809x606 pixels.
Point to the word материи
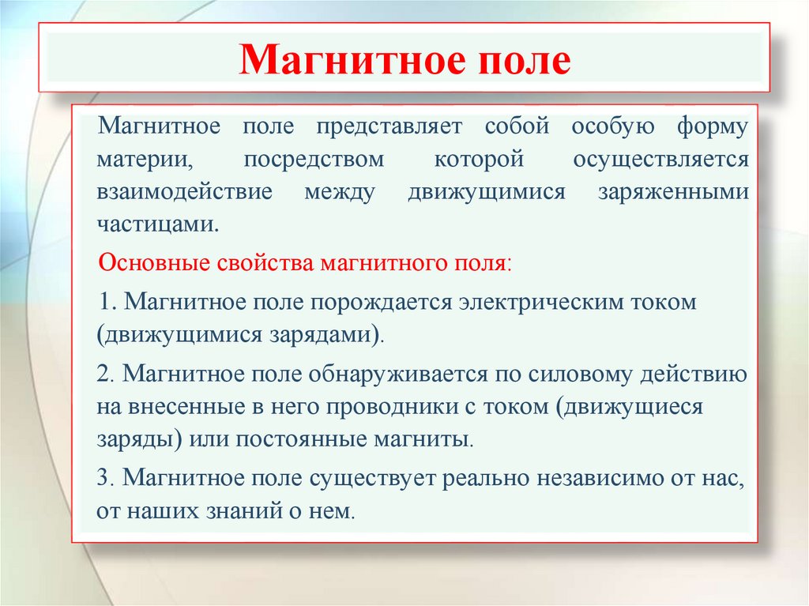point(145,160)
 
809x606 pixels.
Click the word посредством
point(314,160)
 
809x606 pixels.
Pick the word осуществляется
point(661,160)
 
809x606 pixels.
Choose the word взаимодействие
point(184,191)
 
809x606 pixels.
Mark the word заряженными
point(673,192)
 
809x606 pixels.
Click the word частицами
point(158,224)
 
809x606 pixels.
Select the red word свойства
point(265,263)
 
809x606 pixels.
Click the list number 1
point(107,302)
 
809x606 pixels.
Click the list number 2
point(105,375)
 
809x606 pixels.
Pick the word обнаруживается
point(398,375)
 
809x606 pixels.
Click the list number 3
point(105,477)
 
